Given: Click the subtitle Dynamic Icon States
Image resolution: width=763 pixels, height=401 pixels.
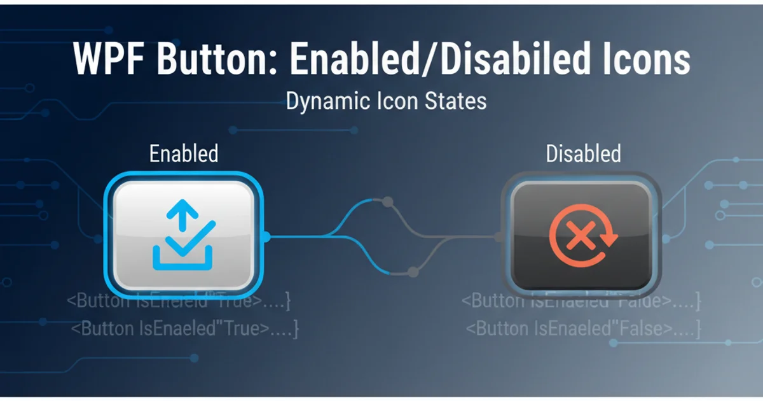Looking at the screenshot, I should (x=386, y=101).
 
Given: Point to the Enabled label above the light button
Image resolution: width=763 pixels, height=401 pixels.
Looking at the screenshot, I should (x=184, y=153).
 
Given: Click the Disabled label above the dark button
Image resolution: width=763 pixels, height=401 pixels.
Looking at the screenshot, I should (x=583, y=153).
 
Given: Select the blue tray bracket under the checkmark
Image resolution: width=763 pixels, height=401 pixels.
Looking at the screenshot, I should (x=182, y=259).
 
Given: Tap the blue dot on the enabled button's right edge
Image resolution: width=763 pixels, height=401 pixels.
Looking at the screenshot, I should (x=266, y=237).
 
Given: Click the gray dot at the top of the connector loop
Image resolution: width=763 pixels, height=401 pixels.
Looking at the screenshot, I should (x=387, y=202).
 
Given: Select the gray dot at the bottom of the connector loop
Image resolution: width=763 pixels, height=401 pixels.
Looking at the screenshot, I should (x=413, y=272).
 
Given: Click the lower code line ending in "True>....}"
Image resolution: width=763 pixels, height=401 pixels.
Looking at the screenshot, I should (x=184, y=329).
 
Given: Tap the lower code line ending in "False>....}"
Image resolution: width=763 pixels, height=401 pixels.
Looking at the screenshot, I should (x=583, y=329).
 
